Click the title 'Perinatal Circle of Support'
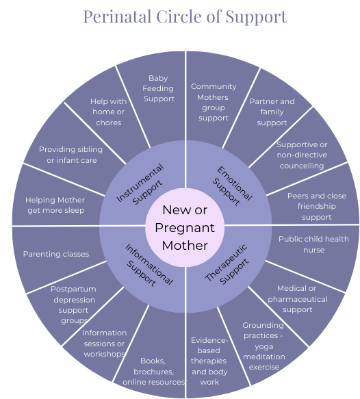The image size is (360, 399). (x=185, y=17)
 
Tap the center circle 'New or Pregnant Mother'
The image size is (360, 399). (x=185, y=227)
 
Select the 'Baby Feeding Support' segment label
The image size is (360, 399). (x=159, y=88)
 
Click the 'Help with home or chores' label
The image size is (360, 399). (x=108, y=112)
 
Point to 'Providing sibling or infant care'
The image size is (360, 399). (x=70, y=155)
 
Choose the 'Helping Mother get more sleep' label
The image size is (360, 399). (x=55, y=205)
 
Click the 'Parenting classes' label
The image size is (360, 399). (x=56, y=254)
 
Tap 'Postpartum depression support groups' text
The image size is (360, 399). (x=73, y=305)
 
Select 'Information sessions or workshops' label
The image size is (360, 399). (x=104, y=344)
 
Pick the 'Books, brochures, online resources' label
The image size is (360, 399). (x=153, y=371)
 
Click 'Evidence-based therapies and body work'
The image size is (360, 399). (x=209, y=361)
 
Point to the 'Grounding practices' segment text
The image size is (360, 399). (x=263, y=346)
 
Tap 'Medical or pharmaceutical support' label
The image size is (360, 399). (x=298, y=299)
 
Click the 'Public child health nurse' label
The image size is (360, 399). (x=313, y=244)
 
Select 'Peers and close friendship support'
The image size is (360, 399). (x=317, y=207)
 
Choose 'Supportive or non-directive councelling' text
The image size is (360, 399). (x=302, y=155)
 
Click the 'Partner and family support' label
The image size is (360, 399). (x=272, y=112)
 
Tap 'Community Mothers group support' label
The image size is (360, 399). (x=214, y=102)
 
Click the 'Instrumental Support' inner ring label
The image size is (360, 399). (x=140, y=184)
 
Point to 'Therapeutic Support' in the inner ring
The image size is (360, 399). (x=227, y=265)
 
